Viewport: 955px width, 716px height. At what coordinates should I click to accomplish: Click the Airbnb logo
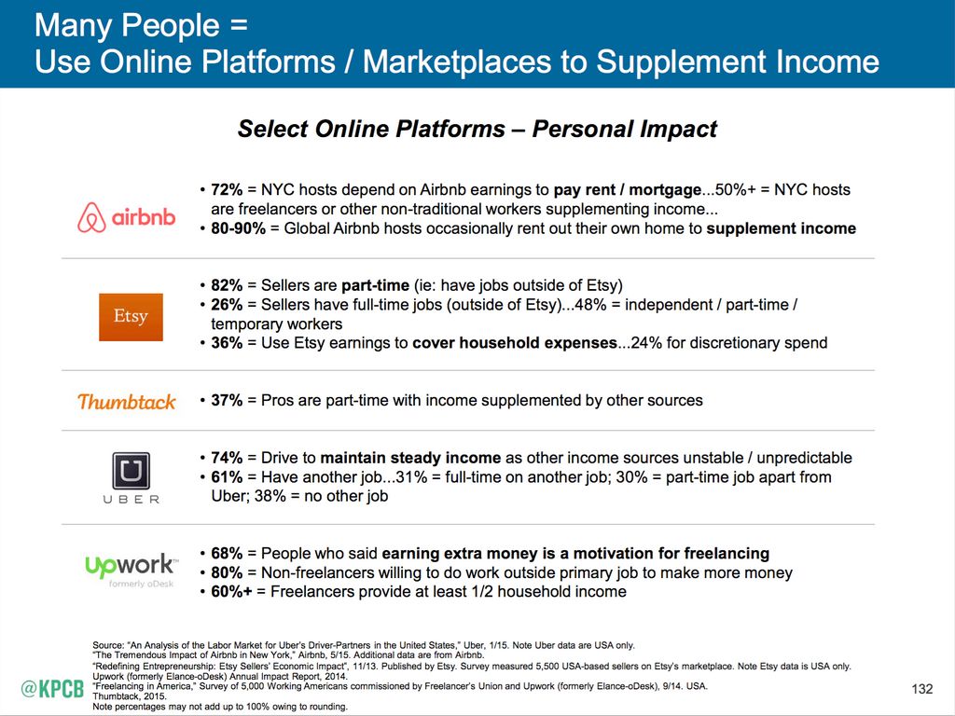(127, 217)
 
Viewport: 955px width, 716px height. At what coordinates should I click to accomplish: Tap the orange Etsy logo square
(131, 317)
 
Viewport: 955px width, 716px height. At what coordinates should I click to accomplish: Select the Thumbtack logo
(127, 401)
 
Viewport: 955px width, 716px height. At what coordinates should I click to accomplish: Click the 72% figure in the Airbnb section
(227, 190)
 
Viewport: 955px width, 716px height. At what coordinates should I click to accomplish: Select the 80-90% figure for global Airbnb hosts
(238, 228)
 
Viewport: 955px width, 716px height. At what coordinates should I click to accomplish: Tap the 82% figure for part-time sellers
(227, 285)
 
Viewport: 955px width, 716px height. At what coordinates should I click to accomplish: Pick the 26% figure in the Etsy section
(227, 305)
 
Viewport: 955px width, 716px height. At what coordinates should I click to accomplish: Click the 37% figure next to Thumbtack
(227, 400)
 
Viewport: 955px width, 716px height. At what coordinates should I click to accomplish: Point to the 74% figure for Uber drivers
(227, 457)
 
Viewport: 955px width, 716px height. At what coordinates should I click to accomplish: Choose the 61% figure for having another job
(227, 476)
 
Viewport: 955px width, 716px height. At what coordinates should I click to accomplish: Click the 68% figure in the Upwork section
(227, 553)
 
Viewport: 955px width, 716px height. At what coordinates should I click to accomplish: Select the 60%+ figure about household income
(231, 591)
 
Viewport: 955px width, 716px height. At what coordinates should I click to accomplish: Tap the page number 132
(922, 689)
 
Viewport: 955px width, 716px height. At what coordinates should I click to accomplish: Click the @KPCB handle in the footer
(52, 689)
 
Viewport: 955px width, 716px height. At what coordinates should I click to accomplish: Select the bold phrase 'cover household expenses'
(515, 343)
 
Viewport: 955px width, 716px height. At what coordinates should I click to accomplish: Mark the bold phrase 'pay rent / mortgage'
(628, 190)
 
